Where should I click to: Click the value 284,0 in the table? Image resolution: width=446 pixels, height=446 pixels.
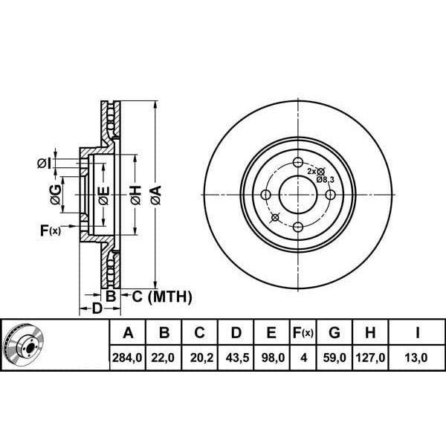point(127,358)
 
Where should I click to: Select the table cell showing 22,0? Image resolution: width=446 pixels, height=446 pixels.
point(163,358)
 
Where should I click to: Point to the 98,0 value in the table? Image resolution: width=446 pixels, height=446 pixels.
point(273,358)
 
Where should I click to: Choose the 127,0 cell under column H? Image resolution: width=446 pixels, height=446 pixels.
point(370,358)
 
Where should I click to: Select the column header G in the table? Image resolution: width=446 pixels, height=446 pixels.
point(334,332)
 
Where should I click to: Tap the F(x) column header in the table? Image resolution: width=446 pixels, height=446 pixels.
point(303,332)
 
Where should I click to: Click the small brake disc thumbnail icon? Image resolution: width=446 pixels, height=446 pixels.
point(25,344)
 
